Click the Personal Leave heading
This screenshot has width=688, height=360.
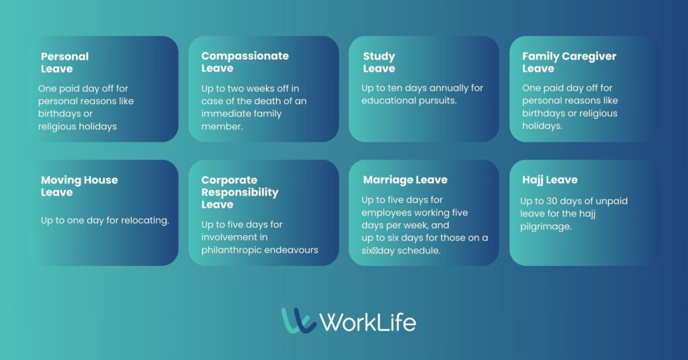click(x=65, y=62)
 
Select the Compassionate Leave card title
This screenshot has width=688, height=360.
click(x=245, y=62)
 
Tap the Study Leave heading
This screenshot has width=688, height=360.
click(x=379, y=62)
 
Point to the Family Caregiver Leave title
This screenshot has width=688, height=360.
click(x=569, y=62)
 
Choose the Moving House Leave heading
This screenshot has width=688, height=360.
click(x=79, y=186)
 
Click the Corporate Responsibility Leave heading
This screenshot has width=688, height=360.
click(x=240, y=192)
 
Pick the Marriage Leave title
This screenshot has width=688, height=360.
click(x=405, y=180)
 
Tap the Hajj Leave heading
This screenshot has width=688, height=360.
click(x=550, y=180)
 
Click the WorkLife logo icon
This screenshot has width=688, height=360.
click(x=298, y=320)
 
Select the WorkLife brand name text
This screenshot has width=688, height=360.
click(x=368, y=322)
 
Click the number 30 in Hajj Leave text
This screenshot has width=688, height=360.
click(x=552, y=201)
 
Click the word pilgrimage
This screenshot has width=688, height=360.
click(x=546, y=227)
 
